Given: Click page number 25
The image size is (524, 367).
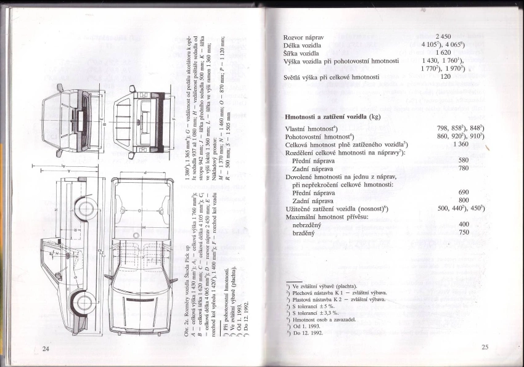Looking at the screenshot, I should coord(485,347).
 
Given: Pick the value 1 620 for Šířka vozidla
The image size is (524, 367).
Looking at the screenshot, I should coord(444,54).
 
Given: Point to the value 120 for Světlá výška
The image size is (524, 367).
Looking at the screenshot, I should coord(446,77).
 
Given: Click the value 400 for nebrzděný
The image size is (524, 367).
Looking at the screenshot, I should coord(464,224).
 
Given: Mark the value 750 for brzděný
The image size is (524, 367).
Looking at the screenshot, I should coord(464,233).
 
